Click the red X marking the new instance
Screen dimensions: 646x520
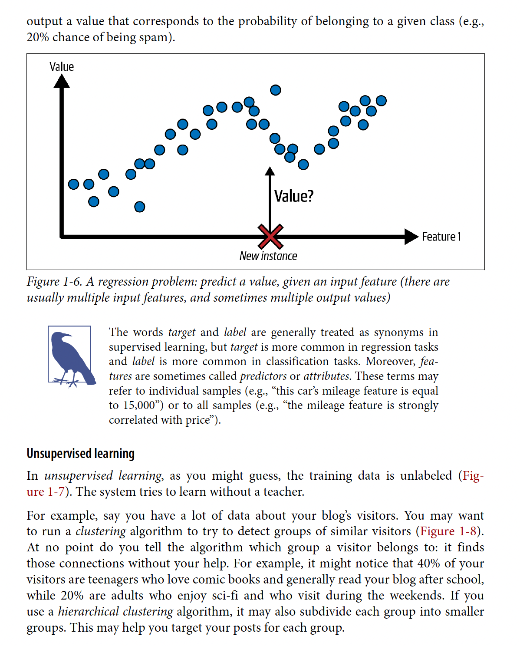tap(270, 236)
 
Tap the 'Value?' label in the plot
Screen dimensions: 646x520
tap(293, 196)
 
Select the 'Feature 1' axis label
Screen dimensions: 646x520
tap(441, 237)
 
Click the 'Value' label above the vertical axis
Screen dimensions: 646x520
tap(62, 67)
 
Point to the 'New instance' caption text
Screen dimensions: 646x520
tap(268, 256)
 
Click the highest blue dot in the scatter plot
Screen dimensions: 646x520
tap(276, 90)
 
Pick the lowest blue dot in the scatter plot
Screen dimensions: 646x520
tap(139, 207)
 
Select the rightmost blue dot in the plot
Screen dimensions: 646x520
tap(381, 101)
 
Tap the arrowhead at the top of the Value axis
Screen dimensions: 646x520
tap(62, 81)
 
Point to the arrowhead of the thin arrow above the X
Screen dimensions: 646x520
tap(270, 171)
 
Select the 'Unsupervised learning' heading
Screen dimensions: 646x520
tap(81, 454)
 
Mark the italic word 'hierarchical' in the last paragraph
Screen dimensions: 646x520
tap(89, 612)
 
